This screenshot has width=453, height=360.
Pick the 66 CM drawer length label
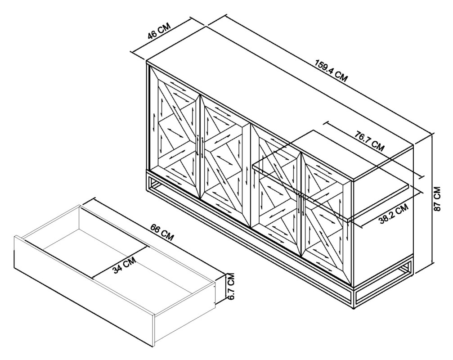coord(162,233)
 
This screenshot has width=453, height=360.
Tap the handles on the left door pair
coord(200,147)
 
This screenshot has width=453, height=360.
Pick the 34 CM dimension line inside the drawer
coord(120,262)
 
